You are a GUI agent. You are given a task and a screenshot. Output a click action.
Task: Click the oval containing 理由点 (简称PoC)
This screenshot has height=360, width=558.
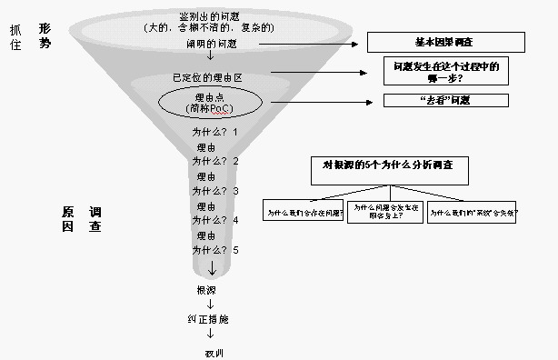pos(210,102)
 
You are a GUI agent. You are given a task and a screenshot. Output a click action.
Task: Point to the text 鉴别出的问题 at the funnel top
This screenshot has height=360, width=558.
pos(210,16)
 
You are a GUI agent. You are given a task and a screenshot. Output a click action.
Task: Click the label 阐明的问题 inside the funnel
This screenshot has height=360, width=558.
pos(210,43)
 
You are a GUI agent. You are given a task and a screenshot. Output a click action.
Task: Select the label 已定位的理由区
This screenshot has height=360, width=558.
pos(210,76)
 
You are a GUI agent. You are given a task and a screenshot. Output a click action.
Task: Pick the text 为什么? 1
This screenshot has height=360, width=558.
pos(214,132)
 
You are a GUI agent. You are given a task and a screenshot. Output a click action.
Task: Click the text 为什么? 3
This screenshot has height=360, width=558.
pos(214,191)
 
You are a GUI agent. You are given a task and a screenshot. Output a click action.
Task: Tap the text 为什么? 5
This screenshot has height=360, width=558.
pos(214,249)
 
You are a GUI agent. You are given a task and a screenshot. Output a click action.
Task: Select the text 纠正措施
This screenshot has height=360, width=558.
pos(210,319)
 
